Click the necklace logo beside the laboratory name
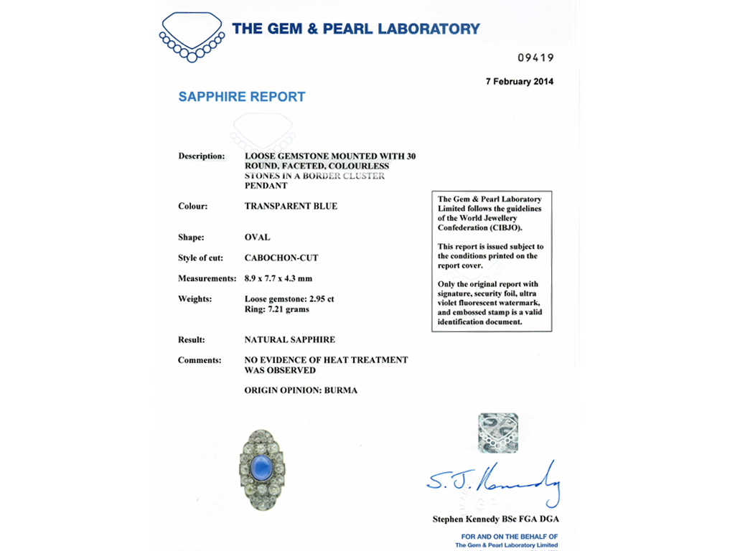tap(192, 37)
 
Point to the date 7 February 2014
tap(519, 82)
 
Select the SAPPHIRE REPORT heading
tap(242, 97)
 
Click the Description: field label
tap(201, 156)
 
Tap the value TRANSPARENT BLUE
tap(291, 207)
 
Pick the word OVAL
tap(257, 237)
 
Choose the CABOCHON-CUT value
tap(281, 258)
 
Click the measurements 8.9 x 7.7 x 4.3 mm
tap(278, 278)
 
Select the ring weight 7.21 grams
tap(292, 309)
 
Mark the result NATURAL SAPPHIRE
tap(289, 340)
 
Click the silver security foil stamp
tap(498, 433)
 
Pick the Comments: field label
tap(200, 360)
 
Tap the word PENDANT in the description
tap(266, 186)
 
